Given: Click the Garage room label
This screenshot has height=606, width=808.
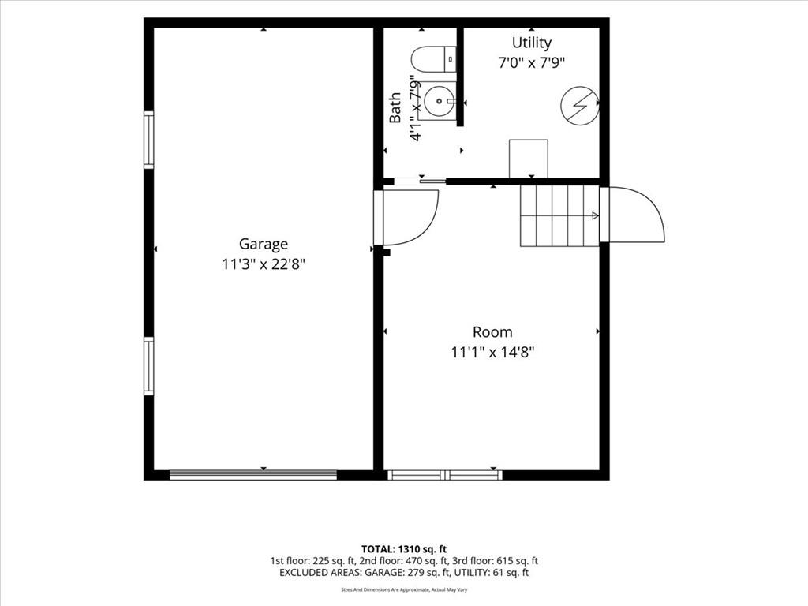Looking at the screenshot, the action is (264, 245).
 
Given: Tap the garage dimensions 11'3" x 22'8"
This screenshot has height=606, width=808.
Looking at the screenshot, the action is (264, 265).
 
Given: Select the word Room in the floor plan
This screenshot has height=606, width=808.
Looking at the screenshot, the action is (492, 332).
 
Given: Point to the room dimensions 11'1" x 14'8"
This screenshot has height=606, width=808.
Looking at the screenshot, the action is (492, 353).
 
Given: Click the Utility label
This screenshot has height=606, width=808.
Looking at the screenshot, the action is (531, 43).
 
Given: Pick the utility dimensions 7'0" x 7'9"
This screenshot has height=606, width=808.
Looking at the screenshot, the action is (531, 63).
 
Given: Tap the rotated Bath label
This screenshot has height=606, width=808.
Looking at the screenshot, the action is (395, 107).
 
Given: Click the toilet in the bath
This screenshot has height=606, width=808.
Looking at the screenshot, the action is (434, 59).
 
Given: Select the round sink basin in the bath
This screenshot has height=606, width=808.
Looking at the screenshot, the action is (440, 102).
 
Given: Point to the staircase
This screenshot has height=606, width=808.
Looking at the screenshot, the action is (559, 215).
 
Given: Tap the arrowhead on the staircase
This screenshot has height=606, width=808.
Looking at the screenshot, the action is (597, 215).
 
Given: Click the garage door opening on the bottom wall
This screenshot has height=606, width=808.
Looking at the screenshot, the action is (253, 475).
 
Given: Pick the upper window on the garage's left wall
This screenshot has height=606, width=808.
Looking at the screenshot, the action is (148, 140).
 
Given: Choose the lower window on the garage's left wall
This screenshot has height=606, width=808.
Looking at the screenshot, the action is (148, 366).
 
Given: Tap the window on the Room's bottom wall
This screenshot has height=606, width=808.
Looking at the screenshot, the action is (445, 475).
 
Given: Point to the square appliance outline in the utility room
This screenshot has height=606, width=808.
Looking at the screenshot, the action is (528, 159).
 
